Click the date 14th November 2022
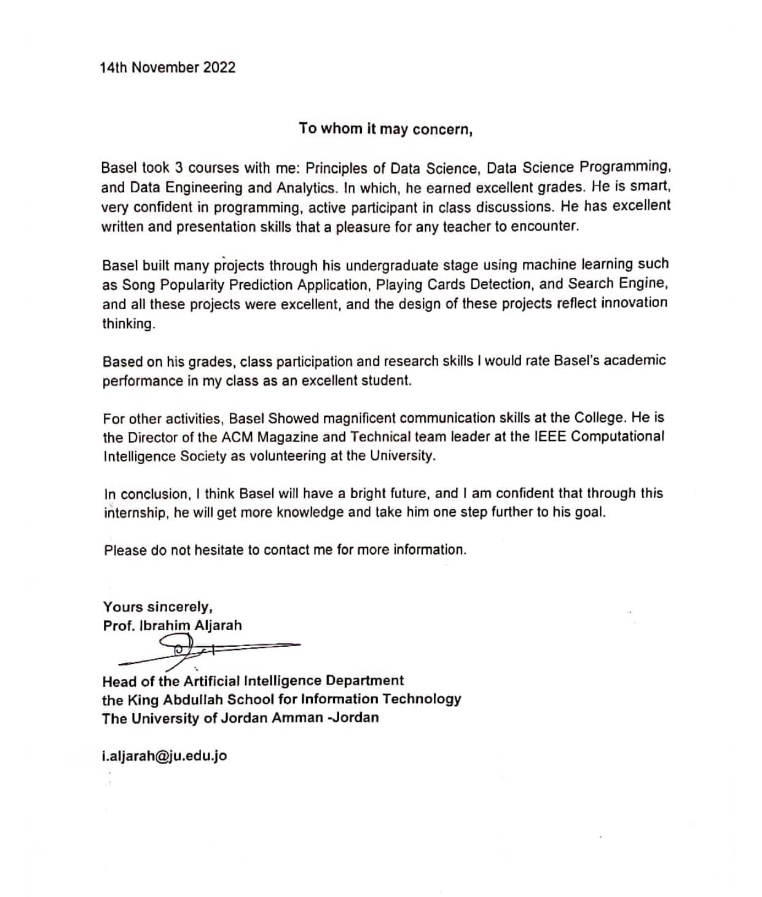click(x=167, y=68)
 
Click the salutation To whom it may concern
click(x=385, y=129)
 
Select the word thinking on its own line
click(x=128, y=323)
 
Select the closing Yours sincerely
click(x=158, y=607)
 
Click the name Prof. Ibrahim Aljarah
click(x=172, y=625)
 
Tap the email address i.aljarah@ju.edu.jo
click(x=164, y=755)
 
